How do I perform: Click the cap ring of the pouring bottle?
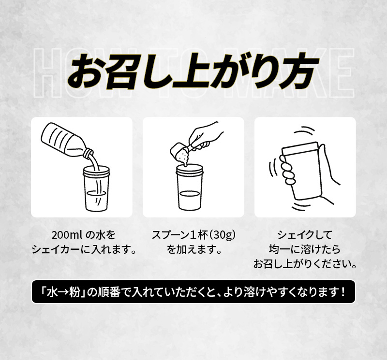pyautogui.click(x=89, y=153)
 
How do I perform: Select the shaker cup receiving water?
pyautogui.click(x=96, y=188)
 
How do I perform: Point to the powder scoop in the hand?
pyautogui.click(x=182, y=153)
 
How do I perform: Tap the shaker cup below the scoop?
pyautogui.click(x=190, y=187)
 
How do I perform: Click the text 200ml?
pyautogui.click(x=67, y=235)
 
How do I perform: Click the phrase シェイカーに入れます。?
pyautogui.click(x=84, y=249)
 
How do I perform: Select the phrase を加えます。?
pyautogui.click(x=193, y=249)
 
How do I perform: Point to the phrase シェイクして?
pyautogui.click(x=305, y=235)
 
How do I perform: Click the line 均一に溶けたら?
pyautogui.click(x=305, y=249)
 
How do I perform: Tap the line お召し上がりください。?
pyautogui.click(x=305, y=264)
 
